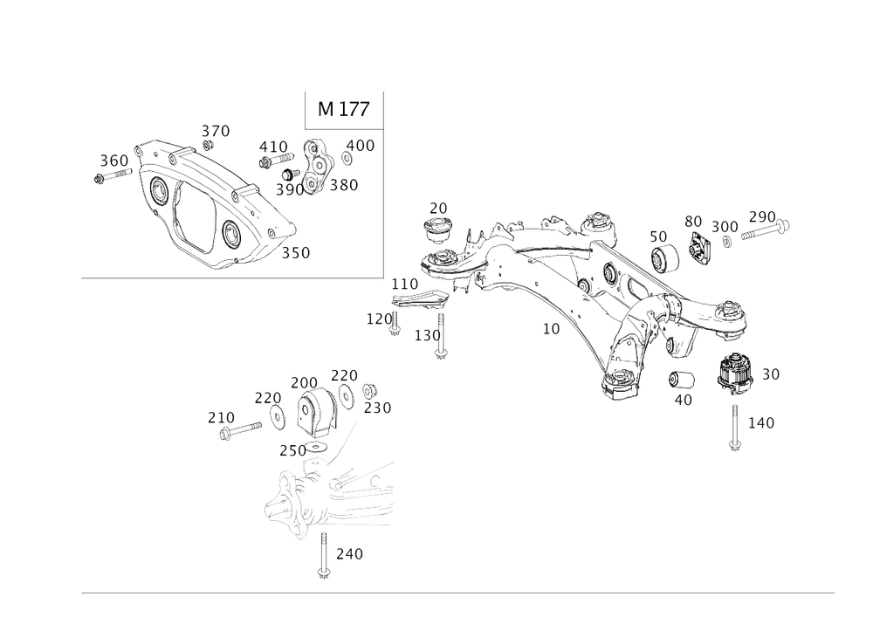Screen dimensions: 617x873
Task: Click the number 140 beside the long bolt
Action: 763,423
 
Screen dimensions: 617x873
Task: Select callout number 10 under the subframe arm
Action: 550,329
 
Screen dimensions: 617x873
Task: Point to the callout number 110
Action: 404,285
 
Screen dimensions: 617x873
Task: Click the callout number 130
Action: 425,334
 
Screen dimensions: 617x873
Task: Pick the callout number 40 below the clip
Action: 684,400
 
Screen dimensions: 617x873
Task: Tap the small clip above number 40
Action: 680,380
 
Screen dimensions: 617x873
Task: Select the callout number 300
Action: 724,227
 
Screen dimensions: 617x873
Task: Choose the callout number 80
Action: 693,220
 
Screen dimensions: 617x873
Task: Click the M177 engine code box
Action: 342,111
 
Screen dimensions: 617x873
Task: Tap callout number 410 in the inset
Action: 272,146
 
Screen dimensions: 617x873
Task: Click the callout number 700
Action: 304,383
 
